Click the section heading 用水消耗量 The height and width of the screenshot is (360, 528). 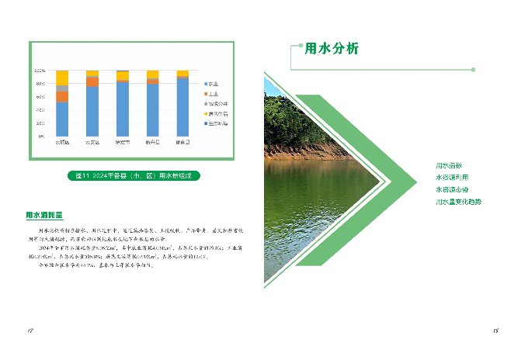click(x=44, y=215)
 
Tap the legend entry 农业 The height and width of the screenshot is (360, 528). click(x=210, y=83)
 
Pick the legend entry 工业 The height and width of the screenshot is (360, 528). click(x=210, y=93)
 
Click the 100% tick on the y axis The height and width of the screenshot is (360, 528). click(x=40, y=71)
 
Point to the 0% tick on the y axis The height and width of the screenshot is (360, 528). click(x=41, y=136)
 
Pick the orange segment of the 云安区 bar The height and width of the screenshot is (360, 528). click(x=92, y=81)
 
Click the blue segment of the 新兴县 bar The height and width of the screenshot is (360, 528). click(x=152, y=109)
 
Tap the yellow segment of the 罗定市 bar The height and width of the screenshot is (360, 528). click(x=122, y=75)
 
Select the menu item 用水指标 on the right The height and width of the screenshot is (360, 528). click(x=449, y=165)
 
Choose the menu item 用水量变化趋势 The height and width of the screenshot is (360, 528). click(x=458, y=202)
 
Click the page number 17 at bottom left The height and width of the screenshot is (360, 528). click(x=30, y=331)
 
